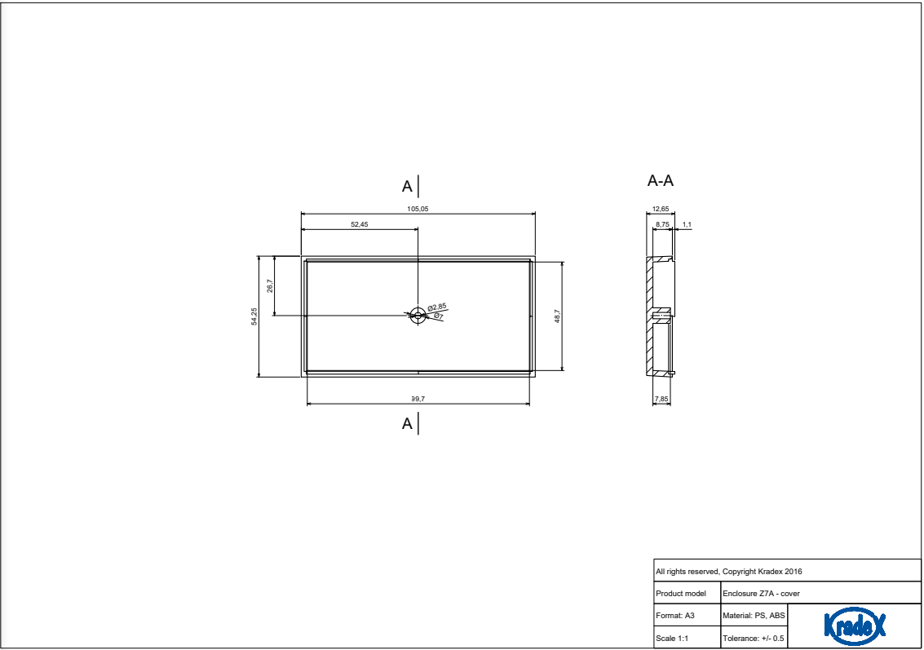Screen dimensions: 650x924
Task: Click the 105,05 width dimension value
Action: click(418, 209)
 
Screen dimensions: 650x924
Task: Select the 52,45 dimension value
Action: click(359, 224)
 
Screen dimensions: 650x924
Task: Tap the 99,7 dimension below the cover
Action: click(418, 399)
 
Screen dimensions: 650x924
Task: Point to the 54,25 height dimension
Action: click(254, 316)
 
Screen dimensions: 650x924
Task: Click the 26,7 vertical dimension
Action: click(270, 285)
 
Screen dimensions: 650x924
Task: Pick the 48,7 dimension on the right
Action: click(557, 316)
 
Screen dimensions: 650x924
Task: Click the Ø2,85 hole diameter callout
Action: click(437, 307)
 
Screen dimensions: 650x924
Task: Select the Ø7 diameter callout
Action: click(438, 316)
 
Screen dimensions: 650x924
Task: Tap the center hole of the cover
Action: click(418, 316)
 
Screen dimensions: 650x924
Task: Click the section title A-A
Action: click(661, 180)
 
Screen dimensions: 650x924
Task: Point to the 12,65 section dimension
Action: click(661, 209)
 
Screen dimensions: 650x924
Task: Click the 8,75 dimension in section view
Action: click(662, 223)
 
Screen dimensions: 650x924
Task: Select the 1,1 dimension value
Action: click(687, 223)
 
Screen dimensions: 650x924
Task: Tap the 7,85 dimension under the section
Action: click(661, 399)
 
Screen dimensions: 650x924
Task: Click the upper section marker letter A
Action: click(407, 187)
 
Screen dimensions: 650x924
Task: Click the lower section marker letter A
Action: click(407, 424)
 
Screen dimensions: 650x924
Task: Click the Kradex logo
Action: click(855, 626)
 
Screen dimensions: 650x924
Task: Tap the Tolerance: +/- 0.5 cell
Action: click(754, 638)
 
